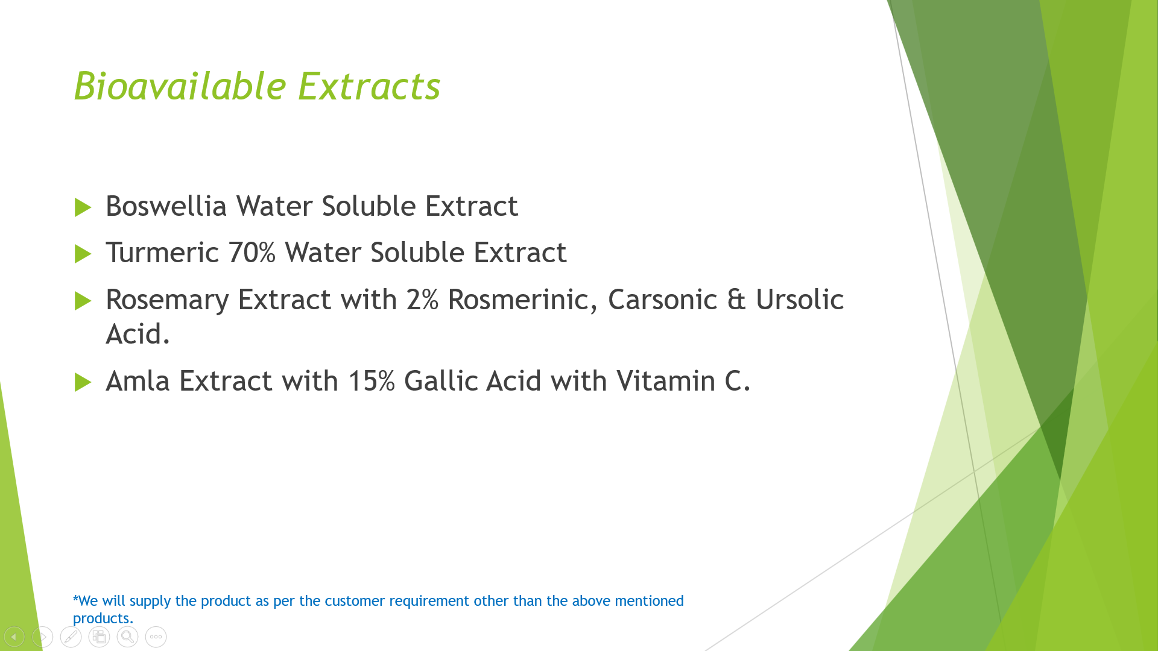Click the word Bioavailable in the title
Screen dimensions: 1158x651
click(x=180, y=86)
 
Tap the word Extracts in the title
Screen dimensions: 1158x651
click(x=369, y=86)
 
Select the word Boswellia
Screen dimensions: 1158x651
click(x=166, y=206)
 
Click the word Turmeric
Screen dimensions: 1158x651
click(x=162, y=253)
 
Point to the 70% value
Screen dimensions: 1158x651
click(x=252, y=253)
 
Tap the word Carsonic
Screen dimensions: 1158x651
click(x=662, y=300)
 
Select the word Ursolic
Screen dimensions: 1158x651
click(x=800, y=300)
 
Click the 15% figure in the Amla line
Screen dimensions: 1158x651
click(x=372, y=381)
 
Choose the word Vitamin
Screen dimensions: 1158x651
click(x=666, y=381)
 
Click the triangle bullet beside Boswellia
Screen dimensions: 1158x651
click(x=83, y=207)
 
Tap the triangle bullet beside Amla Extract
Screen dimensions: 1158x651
click(x=83, y=382)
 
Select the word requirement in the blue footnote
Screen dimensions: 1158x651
click(x=429, y=601)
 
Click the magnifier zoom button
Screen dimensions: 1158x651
click(x=127, y=637)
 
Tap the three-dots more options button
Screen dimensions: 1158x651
click(x=156, y=637)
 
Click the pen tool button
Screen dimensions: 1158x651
click(x=71, y=637)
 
